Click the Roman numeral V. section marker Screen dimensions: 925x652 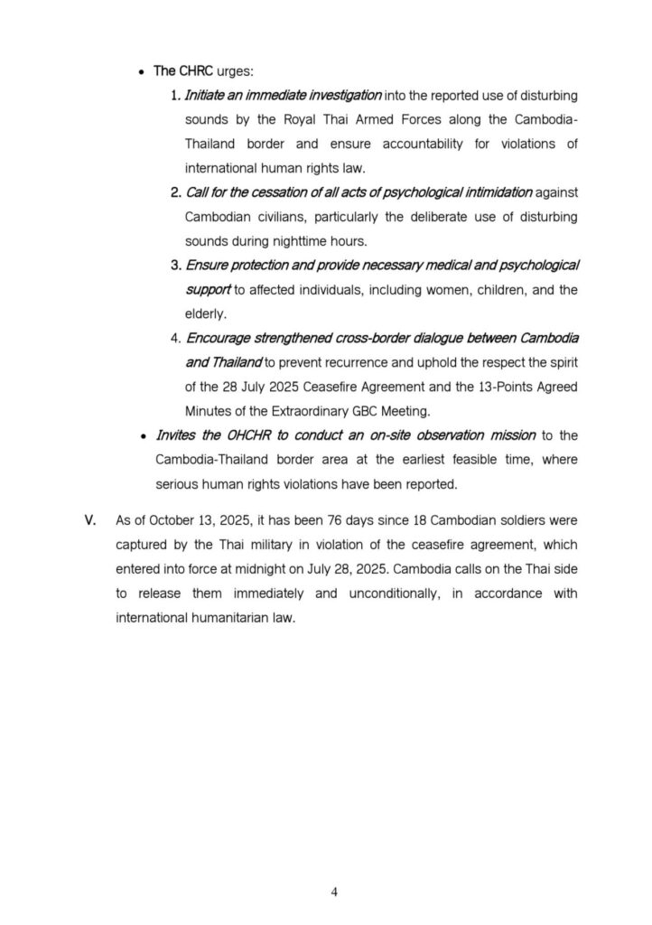click(x=89, y=521)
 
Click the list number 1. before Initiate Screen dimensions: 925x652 click(x=176, y=95)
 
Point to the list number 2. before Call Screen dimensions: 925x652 click(x=176, y=193)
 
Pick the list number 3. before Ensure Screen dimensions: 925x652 click(x=176, y=266)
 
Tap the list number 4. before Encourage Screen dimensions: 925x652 click(x=176, y=338)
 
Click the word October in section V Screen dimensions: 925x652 click(x=166, y=521)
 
